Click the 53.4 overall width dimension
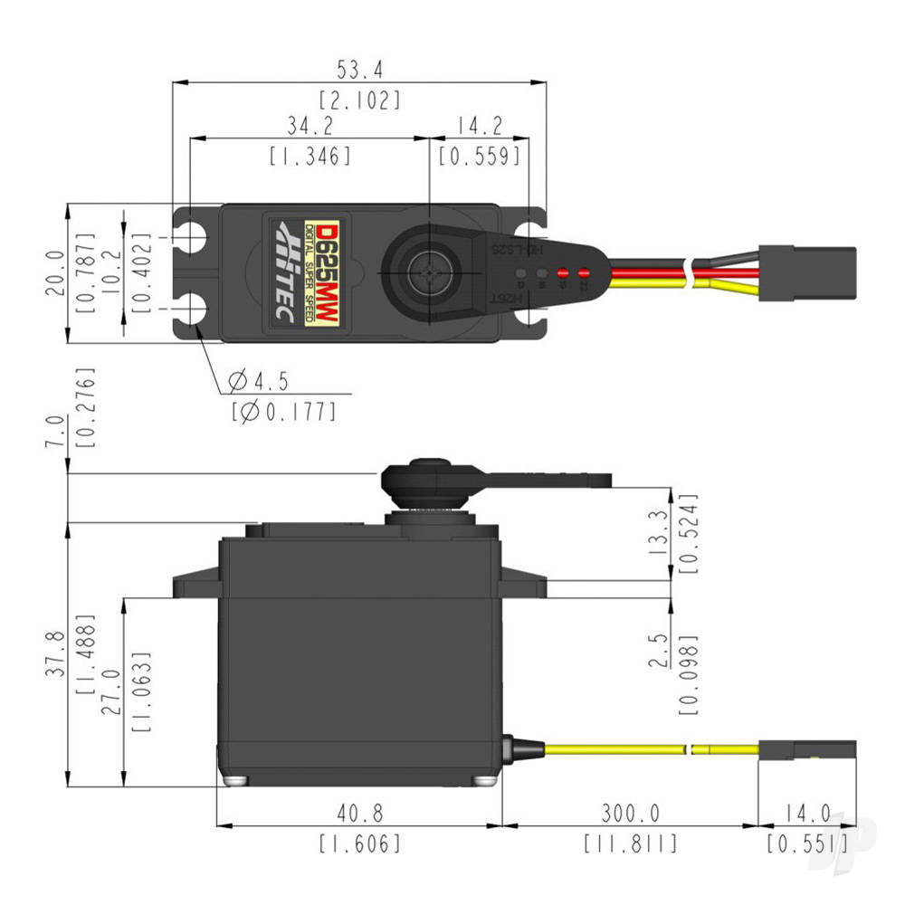[358, 69]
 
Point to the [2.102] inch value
[358, 100]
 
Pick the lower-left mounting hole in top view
[193, 309]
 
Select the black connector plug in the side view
[807, 749]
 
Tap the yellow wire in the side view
[615, 749]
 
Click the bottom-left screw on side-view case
[233, 781]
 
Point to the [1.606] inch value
[358, 844]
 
